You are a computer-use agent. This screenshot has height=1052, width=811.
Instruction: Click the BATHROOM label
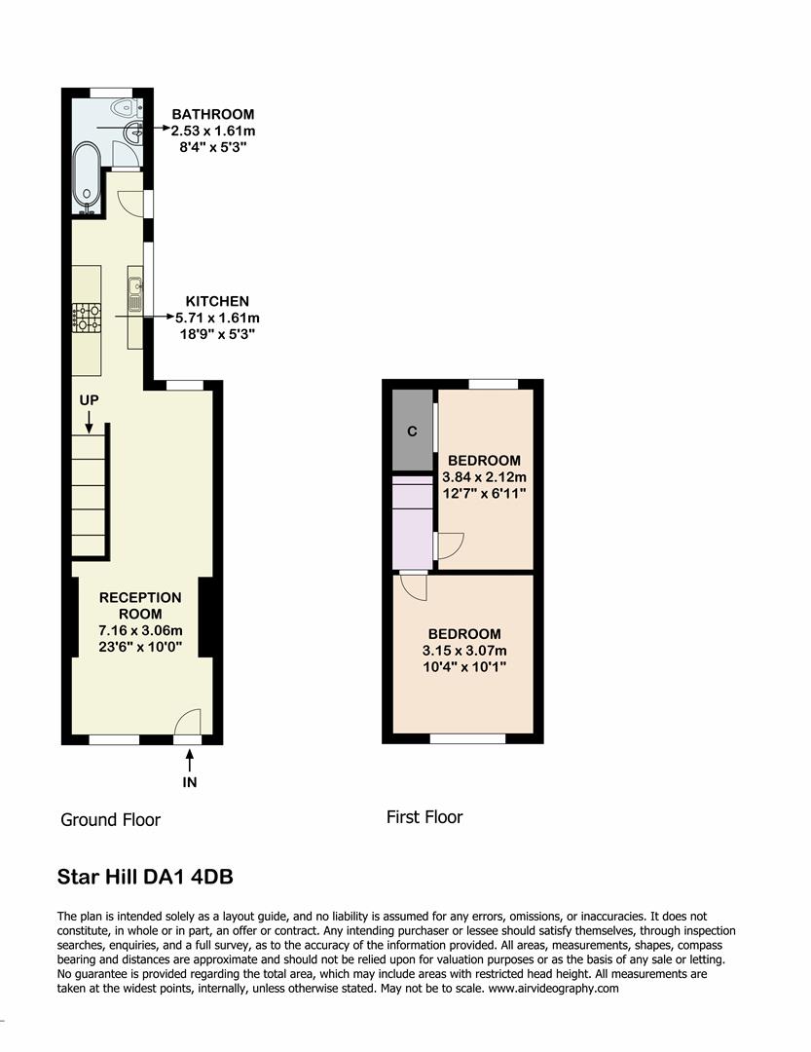click(x=212, y=114)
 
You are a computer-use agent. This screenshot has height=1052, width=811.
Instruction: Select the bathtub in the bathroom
click(x=86, y=178)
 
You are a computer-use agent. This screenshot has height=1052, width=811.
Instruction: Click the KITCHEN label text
click(x=218, y=301)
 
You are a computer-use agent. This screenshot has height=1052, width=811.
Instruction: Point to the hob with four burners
click(x=86, y=317)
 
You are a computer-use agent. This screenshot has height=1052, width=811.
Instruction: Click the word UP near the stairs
click(x=89, y=400)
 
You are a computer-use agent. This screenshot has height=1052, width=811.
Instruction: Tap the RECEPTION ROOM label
click(x=140, y=605)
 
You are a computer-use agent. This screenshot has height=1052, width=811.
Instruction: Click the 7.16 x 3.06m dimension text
click(x=140, y=630)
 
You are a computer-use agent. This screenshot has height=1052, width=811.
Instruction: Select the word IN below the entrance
click(x=189, y=781)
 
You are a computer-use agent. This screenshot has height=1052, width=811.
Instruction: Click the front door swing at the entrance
click(x=187, y=722)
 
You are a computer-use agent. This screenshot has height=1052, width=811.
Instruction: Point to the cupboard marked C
click(x=412, y=432)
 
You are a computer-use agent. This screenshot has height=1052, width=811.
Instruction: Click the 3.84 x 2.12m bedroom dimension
click(x=484, y=477)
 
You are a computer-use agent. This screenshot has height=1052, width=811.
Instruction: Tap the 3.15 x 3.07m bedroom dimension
click(x=463, y=651)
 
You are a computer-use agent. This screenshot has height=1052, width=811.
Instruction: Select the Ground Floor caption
click(x=110, y=819)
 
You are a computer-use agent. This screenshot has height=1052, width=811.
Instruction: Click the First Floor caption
click(x=424, y=817)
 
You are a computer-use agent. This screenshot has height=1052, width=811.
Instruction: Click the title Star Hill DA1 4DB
click(x=145, y=877)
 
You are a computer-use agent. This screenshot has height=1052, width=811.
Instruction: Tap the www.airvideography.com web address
click(x=552, y=987)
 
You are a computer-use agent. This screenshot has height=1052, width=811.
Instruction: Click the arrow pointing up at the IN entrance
click(x=189, y=759)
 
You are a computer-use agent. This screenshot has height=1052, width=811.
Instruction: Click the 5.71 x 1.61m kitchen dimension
click(x=217, y=318)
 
